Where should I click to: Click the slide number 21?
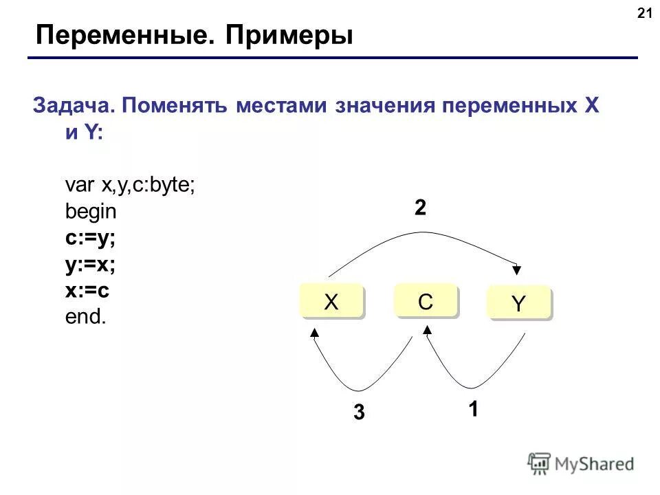tap(644, 13)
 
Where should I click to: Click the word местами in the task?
tap(283, 107)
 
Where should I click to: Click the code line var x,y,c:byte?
tap(130, 186)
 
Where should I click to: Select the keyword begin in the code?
tap(91, 212)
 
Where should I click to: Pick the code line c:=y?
tap(89, 238)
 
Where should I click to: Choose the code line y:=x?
tap(89, 264)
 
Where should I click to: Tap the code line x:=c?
tap(87, 290)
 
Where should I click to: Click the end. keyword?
tap(86, 317)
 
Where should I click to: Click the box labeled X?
tap(331, 303)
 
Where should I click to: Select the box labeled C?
tap(425, 301)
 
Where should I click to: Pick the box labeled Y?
tap(518, 305)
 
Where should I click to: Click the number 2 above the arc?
tap(419, 208)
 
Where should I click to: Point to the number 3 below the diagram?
tap(359, 412)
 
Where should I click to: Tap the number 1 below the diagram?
tap(473, 410)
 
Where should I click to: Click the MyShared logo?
tap(582, 464)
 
